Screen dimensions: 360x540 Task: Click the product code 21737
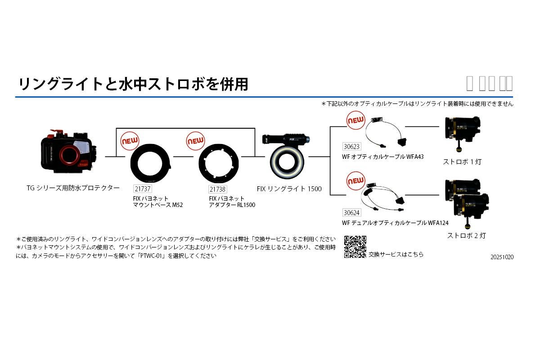(x=142, y=189)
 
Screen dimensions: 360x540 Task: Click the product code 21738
(x=218, y=190)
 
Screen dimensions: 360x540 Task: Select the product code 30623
(x=351, y=146)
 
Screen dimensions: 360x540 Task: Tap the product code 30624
(x=351, y=213)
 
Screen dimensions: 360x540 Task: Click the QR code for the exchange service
(x=355, y=247)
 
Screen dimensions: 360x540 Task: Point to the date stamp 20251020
(x=502, y=257)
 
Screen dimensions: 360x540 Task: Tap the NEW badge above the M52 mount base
(x=130, y=140)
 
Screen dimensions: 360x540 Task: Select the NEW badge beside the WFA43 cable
(x=355, y=121)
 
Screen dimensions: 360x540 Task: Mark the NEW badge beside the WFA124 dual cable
(x=355, y=181)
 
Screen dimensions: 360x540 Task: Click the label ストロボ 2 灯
(x=466, y=235)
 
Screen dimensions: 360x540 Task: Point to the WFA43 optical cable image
(x=384, y=133)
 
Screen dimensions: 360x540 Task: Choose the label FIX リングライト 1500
(x=289, y=189)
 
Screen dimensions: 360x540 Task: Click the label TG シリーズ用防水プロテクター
(x=73, y=188)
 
